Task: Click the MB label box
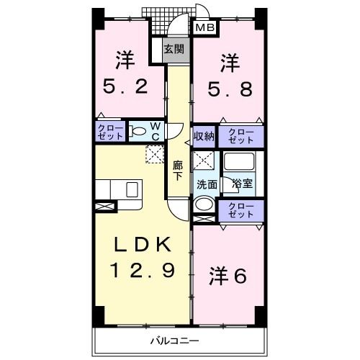(205, 28)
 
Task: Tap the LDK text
(141, 244)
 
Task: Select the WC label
(156, 132)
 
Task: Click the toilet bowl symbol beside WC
(138, 132)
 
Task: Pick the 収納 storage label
(203, 136)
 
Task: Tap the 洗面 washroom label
(207, 183)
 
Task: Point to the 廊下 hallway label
(179, 169)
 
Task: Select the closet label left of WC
(110, 132)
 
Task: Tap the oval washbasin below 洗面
(204, 204)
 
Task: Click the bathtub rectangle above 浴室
(240, 162)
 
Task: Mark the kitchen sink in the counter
(132, 189)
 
